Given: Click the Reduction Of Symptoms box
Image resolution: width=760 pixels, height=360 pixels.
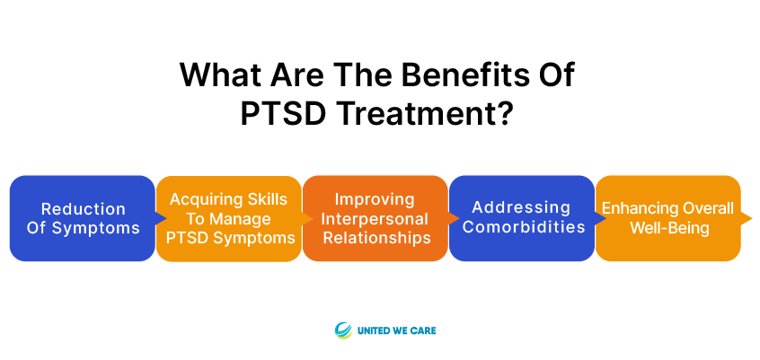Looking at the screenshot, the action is [x=82, y=218].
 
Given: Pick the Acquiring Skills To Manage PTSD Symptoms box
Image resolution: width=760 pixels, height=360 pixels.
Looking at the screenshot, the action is [x=228, y=218].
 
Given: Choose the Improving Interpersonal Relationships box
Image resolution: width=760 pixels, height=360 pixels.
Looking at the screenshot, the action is [x=375, y=218].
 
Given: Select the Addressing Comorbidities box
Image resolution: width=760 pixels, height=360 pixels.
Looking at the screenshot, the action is [x=521, y=218].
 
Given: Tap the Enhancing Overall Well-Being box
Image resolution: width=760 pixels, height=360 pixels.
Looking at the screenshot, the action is [x=667, y=218].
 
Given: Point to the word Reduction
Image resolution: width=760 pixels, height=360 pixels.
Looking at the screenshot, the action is [x=82, y=208].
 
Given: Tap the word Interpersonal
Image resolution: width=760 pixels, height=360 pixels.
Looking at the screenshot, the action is [x=375, y=218].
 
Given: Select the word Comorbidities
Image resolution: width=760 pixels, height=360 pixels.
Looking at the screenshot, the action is [x=521, y=228].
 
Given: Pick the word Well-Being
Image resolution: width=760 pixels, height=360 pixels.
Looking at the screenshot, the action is [x=668, y=228].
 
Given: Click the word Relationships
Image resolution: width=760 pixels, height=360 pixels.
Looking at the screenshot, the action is [x=375, y=238].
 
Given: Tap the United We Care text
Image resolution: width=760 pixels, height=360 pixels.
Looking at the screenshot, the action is [x=397, y=330].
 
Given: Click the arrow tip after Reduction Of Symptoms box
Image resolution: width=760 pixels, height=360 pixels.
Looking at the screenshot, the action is [x=162, y=218].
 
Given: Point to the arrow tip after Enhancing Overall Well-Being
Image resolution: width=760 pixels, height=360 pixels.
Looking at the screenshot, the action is [x=747, y=218].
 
